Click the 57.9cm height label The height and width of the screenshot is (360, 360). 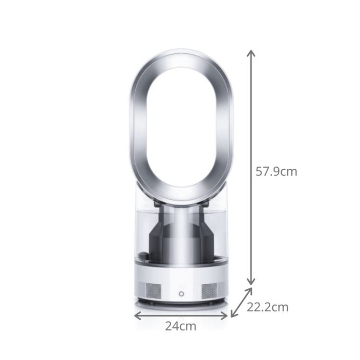[276, 172]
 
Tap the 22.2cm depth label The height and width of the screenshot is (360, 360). [267, 307]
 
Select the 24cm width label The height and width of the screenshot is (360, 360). [180, 326]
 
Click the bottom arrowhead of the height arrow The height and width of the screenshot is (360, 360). [252, 282]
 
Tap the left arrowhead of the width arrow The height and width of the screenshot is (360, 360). [136, 315]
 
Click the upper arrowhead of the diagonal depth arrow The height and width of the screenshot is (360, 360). [250, 290]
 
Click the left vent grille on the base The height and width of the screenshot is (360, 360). [152, 290]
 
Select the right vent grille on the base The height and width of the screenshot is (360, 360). [209, 290]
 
